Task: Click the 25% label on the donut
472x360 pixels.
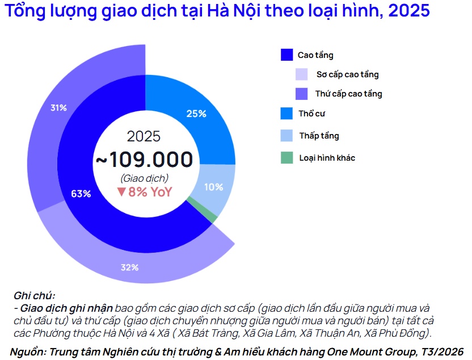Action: click(196, 114)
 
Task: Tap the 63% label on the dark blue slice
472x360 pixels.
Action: click(81, 194)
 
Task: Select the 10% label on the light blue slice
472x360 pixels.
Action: click(213, 187)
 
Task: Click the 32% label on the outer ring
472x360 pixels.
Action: click(129, 267)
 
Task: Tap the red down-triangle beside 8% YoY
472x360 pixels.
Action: click(121, 192)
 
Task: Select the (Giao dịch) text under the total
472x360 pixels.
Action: click(144, 178)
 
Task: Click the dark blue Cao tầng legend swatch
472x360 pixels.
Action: click(286, 55)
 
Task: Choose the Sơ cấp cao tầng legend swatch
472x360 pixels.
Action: click(302, 74)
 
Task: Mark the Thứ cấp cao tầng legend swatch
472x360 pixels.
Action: click(302, 94)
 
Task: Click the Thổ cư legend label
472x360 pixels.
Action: click(311, 114)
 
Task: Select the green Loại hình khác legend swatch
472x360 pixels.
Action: click(286, 157)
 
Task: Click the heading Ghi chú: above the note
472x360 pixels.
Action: click(35, 296)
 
